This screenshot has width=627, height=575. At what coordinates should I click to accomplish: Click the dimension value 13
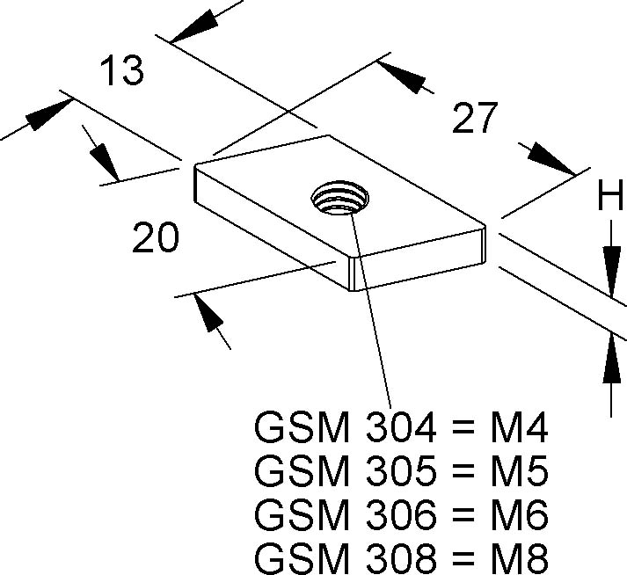(121, 70)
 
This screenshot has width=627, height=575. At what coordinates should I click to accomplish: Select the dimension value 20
(155, 237)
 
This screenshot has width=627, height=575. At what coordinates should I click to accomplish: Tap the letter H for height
(610, 194)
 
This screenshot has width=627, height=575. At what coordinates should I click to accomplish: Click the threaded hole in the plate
(340, 197)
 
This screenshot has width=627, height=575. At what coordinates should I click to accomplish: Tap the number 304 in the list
(401, 427)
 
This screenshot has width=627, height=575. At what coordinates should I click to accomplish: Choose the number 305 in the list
(401, 471)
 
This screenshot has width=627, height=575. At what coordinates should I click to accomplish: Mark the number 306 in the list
(401, 515)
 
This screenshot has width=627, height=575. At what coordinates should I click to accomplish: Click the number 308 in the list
(401, 558)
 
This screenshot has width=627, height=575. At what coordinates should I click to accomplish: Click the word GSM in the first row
(302, 427)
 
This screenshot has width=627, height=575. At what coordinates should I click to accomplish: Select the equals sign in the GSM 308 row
(463, 558)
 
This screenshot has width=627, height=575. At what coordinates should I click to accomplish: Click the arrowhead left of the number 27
(401, 76)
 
